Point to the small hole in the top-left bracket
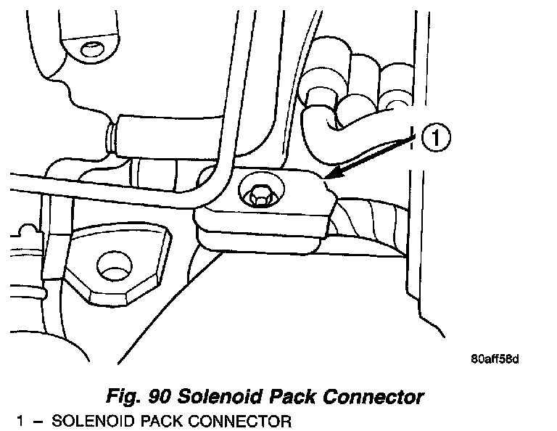[91, 49]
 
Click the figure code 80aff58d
[496, 358]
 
